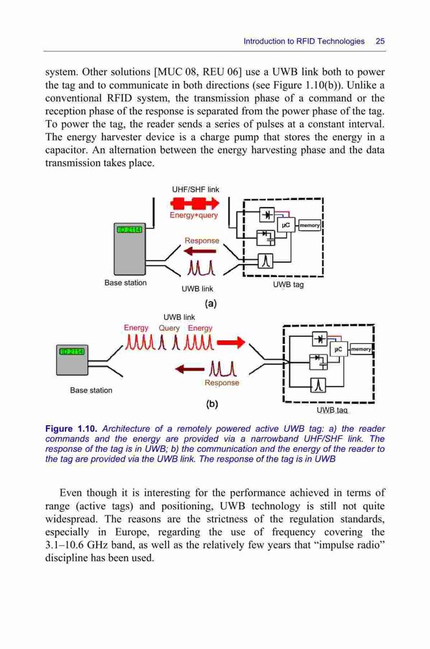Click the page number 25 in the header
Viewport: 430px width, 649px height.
pyautogui.click(x=380, y=41)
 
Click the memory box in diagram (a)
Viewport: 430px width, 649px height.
pyautogui.click(x=309, y=225)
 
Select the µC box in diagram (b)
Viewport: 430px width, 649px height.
pyautogui.click(x=338, y=350)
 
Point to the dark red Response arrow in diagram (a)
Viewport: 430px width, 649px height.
pyautogui.click(x=200, y=251)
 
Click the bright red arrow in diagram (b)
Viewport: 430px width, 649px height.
pyautogui.click(x=231, y=342)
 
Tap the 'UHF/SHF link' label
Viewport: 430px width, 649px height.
pyautogui.click(x=195, y=190)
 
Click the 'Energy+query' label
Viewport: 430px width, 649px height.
pyautogui.click(x=193, y=215)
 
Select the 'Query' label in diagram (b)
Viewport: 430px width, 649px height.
pyautogui.click(x=169, y=328)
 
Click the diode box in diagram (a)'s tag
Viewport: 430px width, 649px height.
pyautogui.click(x=267, y=214)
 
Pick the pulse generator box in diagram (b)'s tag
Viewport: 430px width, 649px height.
pyautogui.click(x=318, y=386)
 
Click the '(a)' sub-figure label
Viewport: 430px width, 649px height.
pyautogui.click(x=211, y=303)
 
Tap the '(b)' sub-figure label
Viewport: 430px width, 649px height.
pyautogui.click(x=211, y=404)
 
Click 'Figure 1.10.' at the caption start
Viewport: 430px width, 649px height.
pyautogui.click(x=71, y=429)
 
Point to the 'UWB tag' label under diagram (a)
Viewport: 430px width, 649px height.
pyautogui.click(x=288, y=285)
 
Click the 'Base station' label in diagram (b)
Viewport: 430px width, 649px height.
pyautogui.click(x=91, y=390)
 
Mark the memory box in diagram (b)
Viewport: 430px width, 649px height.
pyautogui.click(x=361, y=349)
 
